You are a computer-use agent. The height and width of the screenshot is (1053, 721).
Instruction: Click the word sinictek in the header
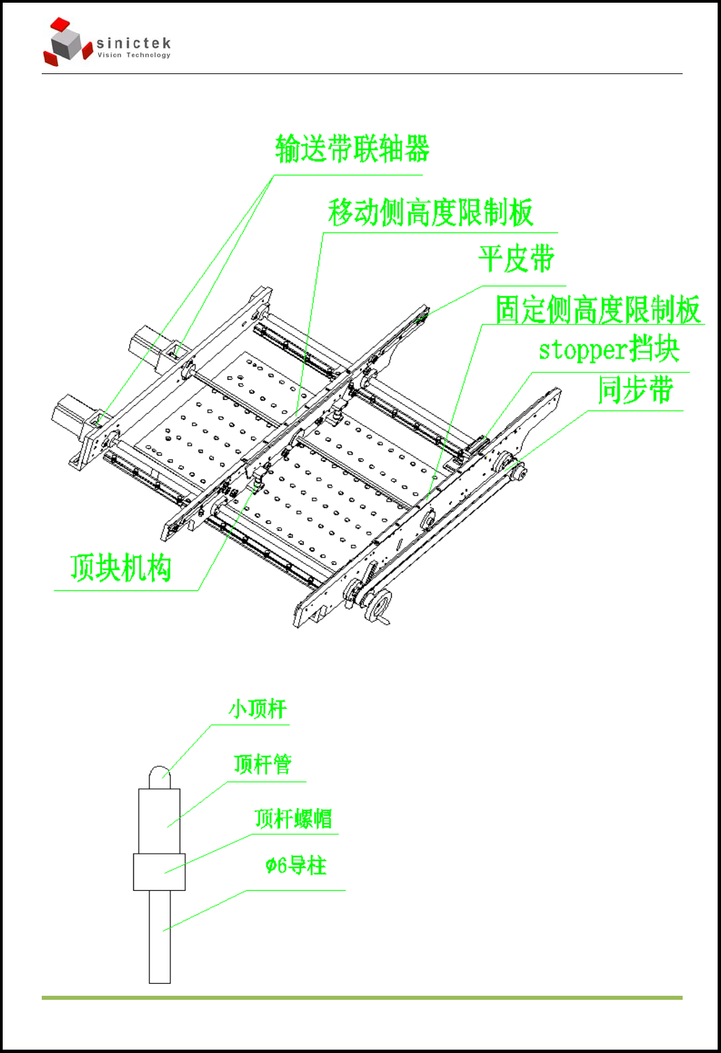(133, 44)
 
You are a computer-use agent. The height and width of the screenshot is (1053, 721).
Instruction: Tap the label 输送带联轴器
(352, 149)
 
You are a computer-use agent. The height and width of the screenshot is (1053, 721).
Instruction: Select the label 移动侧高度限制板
(430, 213)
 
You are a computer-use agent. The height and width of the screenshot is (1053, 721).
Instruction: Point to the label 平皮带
(516, 259)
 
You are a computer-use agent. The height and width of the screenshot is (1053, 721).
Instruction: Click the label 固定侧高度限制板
(598, 310)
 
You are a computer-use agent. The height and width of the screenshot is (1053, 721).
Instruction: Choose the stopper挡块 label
(609, 349)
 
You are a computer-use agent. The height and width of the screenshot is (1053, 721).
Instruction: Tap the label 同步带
(636, 390)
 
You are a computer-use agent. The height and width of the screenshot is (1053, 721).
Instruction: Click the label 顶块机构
(121, 568)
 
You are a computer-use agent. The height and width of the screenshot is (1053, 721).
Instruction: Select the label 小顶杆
(258, 709)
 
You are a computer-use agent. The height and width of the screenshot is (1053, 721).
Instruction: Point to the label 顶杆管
(263, 765)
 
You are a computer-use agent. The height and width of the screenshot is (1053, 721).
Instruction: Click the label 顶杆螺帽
(293, 819)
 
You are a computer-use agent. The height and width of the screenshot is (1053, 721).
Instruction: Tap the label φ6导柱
(296, 866)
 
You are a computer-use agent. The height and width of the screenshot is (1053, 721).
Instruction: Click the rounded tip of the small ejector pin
(160, 774)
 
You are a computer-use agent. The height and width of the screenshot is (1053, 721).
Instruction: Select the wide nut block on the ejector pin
(159, 873)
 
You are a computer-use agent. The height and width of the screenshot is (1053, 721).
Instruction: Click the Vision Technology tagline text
(134, 55)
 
